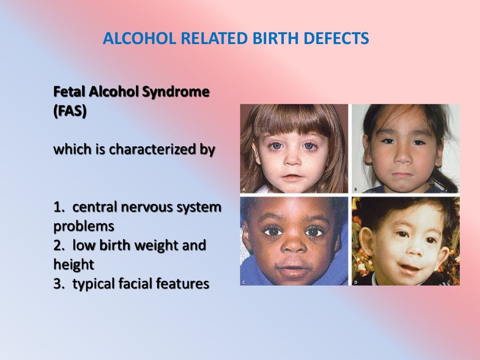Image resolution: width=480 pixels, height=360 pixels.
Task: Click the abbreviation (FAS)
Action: tap(70, 113)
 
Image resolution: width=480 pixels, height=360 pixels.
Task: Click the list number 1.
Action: tap(58, 207)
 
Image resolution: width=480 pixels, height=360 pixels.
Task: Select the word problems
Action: tap(84, 226)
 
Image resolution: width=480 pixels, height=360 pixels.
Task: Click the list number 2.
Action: tap(58, 245)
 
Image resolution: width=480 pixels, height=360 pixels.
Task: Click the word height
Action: tap(74, 264)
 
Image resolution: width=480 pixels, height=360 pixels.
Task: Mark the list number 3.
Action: tap(58, 284)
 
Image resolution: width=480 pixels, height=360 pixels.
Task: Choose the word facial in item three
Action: tap(139, 284)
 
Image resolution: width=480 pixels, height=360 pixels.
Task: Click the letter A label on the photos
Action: tap(244, 189)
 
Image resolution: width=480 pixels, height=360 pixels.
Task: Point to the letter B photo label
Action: tap(355, 189)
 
